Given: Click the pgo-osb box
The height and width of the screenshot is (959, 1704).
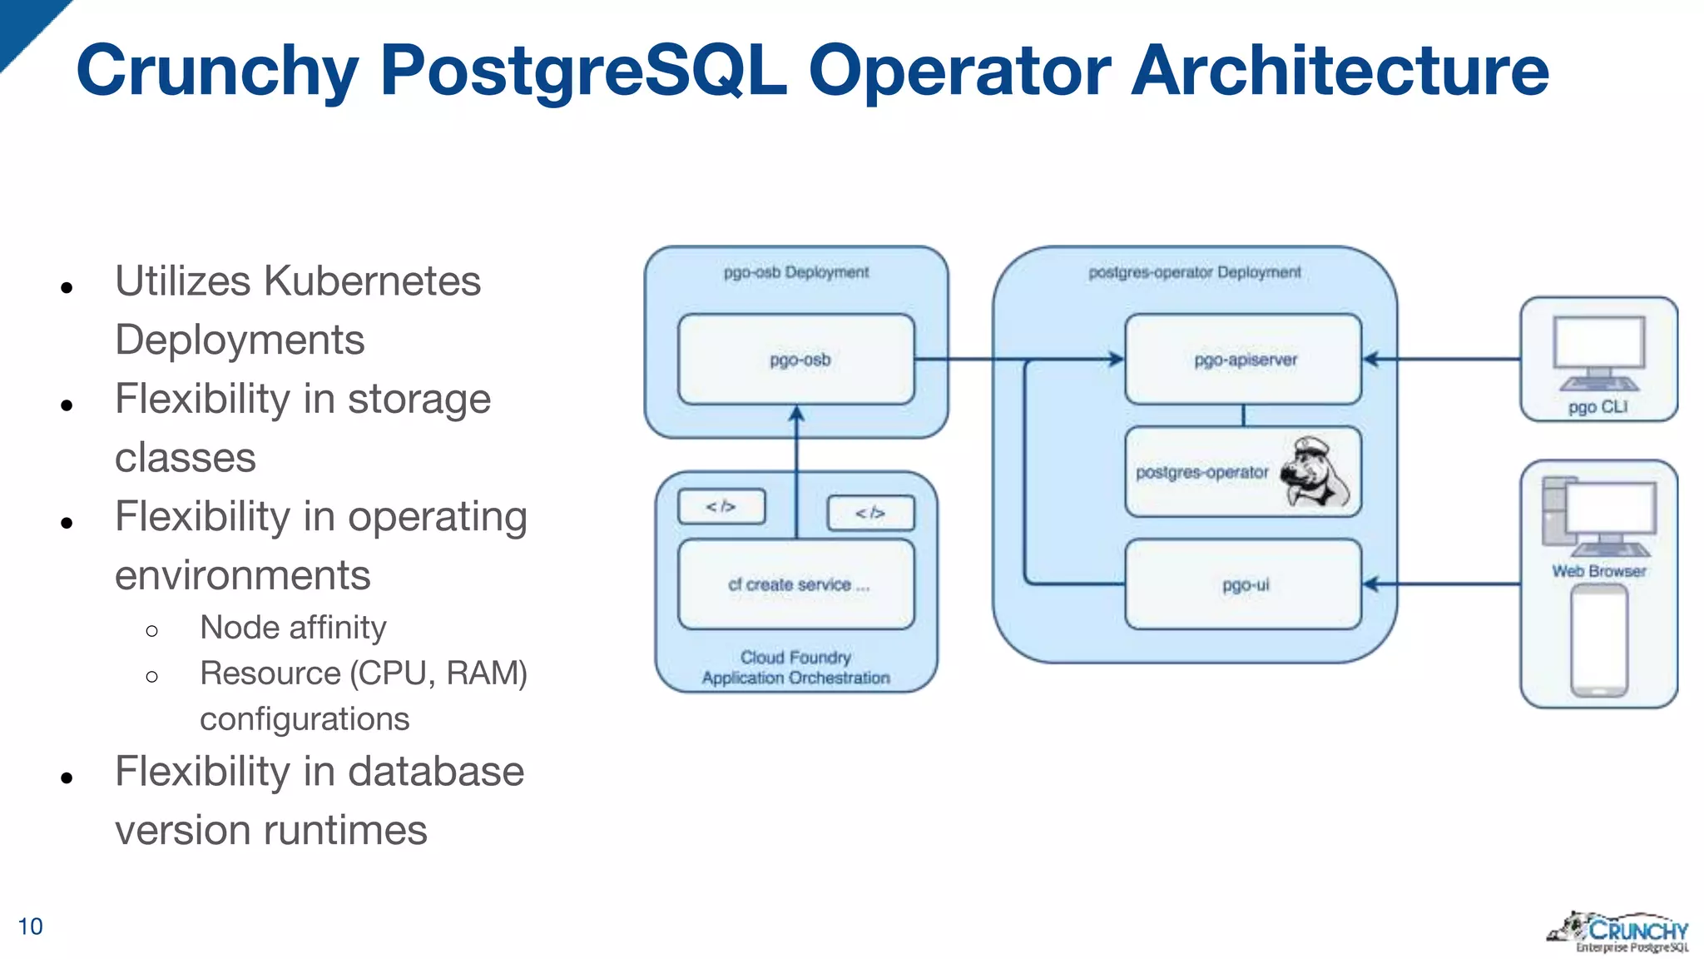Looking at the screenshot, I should (796, 360).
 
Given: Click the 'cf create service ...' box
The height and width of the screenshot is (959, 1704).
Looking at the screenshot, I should (796, 584).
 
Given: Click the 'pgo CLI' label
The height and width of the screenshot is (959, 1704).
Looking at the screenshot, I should (1597, 407).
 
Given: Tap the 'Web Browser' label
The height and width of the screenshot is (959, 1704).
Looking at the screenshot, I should (1598, 571).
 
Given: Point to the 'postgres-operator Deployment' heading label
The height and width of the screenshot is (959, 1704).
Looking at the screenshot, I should (1194, 272).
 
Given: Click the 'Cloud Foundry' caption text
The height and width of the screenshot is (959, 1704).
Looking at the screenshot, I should (795, 657).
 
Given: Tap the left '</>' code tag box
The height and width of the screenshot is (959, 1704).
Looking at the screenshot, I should (721, 506).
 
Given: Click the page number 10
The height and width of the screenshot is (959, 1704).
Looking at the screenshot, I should (30, 927).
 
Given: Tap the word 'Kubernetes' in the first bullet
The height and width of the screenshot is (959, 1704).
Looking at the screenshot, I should (372, 281).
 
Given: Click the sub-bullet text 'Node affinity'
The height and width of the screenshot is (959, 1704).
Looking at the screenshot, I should (293, 628).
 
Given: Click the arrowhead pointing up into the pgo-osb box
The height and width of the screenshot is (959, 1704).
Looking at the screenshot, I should (796, 414).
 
